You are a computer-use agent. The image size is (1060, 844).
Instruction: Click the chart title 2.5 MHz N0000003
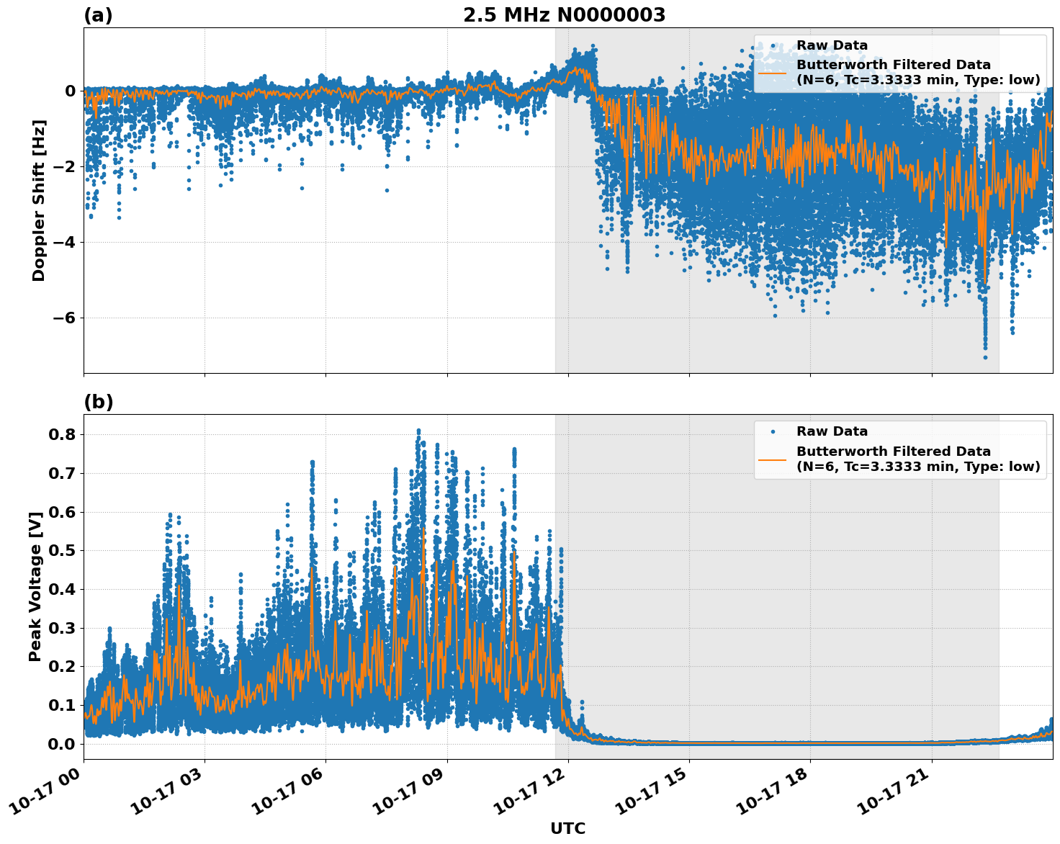point(564,15)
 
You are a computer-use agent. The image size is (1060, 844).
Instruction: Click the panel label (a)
point(98,15)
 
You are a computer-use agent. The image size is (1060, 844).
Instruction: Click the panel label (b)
point(98,402)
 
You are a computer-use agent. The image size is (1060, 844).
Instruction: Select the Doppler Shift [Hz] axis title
point(39,201)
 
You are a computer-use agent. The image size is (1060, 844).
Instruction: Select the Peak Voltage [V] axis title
point(35,586)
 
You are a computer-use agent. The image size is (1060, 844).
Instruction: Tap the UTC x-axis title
point(567,828)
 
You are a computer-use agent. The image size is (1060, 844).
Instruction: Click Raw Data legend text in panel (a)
point(832,45)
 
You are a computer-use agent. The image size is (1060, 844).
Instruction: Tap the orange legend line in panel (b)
point(772,459)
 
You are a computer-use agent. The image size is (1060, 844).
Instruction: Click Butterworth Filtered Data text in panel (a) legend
point(893,65)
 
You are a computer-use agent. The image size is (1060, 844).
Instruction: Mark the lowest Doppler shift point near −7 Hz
point(985,357)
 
